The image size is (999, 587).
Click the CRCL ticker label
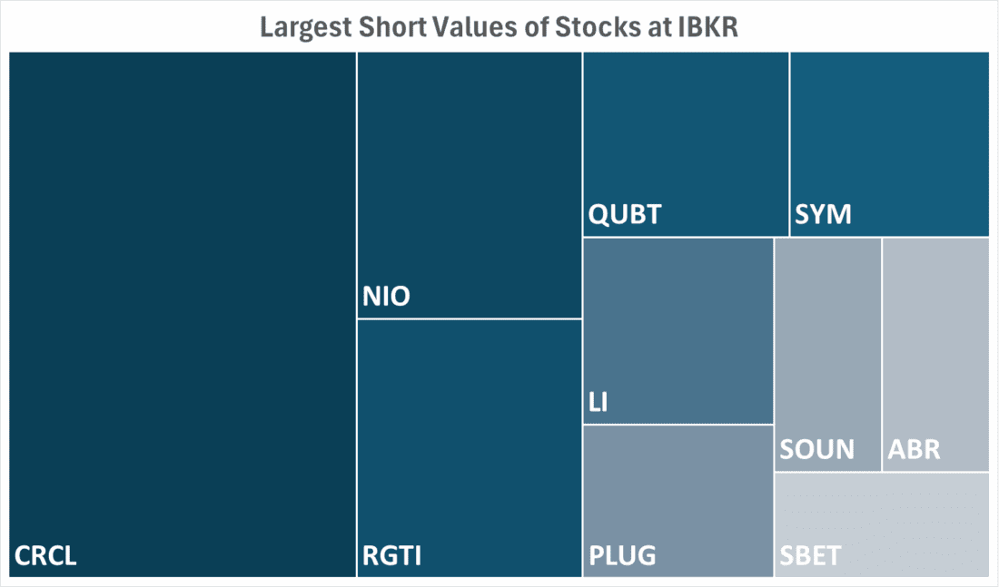pos(45,555)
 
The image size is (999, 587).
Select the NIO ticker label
pos(386,297)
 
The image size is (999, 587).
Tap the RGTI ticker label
pos(392,555)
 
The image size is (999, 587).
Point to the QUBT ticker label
pos(625,215)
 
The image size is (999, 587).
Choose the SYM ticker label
pos(823,215)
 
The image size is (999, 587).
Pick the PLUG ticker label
pos(622,555)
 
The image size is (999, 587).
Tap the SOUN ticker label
pos(816,450)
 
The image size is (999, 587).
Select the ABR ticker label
pos(915,450)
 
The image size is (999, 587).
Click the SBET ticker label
pos(810,555)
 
